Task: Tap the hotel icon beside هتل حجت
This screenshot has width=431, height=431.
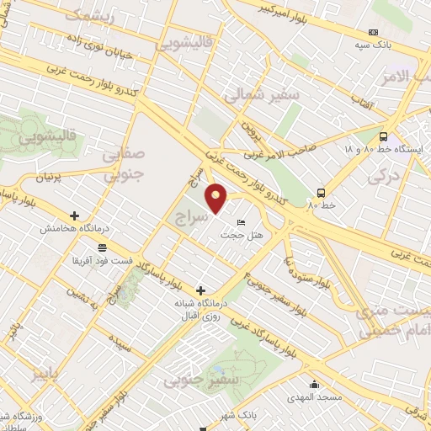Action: (x=242, y=223)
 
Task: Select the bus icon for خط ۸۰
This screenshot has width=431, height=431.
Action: (x=321, y=191)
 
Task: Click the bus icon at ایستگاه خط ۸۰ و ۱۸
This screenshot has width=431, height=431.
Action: (x=384, y=136)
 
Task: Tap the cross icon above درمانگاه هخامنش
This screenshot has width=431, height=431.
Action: (x=75, y=215)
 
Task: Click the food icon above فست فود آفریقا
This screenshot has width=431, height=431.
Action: (x=102, y=247)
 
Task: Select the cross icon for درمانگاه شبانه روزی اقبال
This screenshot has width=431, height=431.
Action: (x=200, y=290)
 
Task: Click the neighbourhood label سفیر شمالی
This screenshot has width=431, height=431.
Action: (x=261, y=95)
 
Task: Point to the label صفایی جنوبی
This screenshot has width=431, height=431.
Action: (x=124, y=165)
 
